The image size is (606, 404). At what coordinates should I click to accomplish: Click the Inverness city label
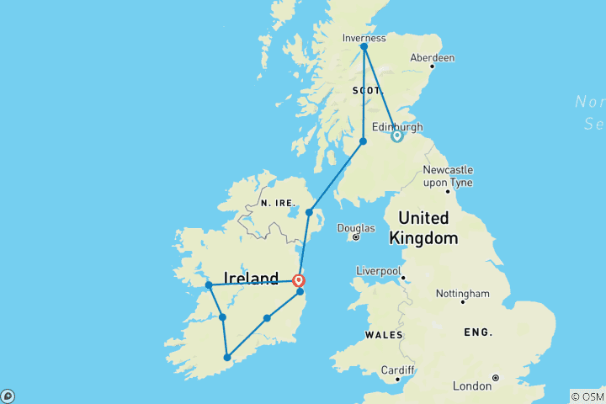(x=364, y=38)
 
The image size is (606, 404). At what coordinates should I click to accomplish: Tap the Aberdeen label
(x=432, y=58)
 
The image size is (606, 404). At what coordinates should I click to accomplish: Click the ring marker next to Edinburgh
(x=396, y=136)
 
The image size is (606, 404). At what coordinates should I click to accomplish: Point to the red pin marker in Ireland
(x=298, y=280)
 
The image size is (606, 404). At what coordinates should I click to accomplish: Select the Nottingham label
(x=462, y=294)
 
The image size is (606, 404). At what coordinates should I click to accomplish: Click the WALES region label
(x=383, y=335)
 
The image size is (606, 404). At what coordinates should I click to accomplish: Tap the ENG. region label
(x=479, y=332)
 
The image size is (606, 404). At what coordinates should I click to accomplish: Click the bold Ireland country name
(x=251, y=279)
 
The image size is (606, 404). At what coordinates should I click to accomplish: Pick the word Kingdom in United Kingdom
(x=423, y=238)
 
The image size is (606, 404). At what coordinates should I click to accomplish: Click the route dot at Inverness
(x=364, y=47)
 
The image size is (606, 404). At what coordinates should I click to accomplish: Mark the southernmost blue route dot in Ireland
(x=227, y=358)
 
